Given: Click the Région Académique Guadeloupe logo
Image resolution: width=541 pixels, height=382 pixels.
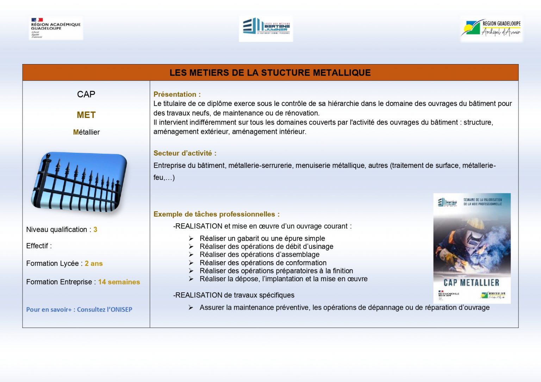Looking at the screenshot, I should (x=56, y=28).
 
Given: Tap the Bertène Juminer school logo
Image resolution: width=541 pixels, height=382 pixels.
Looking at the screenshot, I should (x=266, y=29).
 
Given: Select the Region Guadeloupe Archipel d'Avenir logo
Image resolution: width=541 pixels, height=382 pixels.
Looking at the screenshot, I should (x=491, y=29).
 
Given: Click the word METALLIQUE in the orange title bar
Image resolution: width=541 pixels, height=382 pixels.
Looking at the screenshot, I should (x=342, y=73).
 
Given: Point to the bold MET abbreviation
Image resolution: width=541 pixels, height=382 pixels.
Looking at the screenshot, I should (x=86, y=115).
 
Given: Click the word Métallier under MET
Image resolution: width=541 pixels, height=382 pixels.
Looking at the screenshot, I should (x=86, y=132).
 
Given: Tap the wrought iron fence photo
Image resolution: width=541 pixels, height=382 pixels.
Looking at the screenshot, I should (x=79, y=181).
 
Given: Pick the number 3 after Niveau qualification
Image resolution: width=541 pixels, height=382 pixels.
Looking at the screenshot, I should (x=95, y=230).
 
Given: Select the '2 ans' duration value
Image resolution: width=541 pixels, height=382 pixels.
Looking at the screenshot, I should (x=94, y=264).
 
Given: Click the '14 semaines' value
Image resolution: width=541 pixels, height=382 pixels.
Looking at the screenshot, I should (x=119, y=282).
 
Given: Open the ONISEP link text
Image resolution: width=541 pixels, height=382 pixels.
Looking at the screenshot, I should (x=79, y=310).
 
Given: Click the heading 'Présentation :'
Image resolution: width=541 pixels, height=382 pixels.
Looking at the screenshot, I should (x=177, y=94).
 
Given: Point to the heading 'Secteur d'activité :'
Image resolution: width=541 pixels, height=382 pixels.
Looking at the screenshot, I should (x=185, y=153).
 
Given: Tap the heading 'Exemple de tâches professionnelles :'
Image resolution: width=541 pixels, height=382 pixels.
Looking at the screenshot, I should (x=216, y=214).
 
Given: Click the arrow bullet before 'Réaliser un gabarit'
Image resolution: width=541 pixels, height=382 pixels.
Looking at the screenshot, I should (x=191, y=239).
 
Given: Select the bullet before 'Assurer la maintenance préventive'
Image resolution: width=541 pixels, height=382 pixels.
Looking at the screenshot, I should (x=191, y=308).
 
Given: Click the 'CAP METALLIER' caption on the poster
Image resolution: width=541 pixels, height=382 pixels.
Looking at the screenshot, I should (x=471, y=283).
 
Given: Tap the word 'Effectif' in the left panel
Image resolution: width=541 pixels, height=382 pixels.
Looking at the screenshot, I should (x=37, y=246).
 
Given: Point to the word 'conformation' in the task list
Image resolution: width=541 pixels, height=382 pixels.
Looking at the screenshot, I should (x=306, y=263).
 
